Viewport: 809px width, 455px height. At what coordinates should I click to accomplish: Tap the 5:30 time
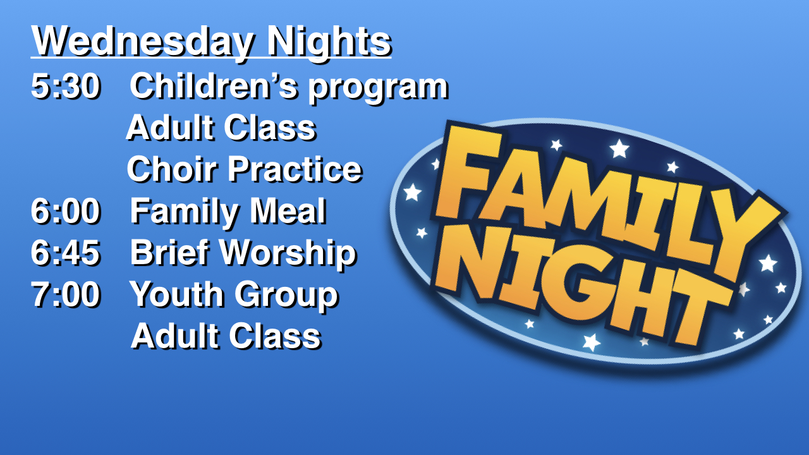point(65,86)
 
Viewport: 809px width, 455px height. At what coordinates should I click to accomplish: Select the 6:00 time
point(65,211)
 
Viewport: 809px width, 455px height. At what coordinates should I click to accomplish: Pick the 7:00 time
point(65,294)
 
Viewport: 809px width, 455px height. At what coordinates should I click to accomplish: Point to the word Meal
point(288,211)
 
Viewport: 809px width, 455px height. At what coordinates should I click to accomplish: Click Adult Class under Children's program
point(221,128)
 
